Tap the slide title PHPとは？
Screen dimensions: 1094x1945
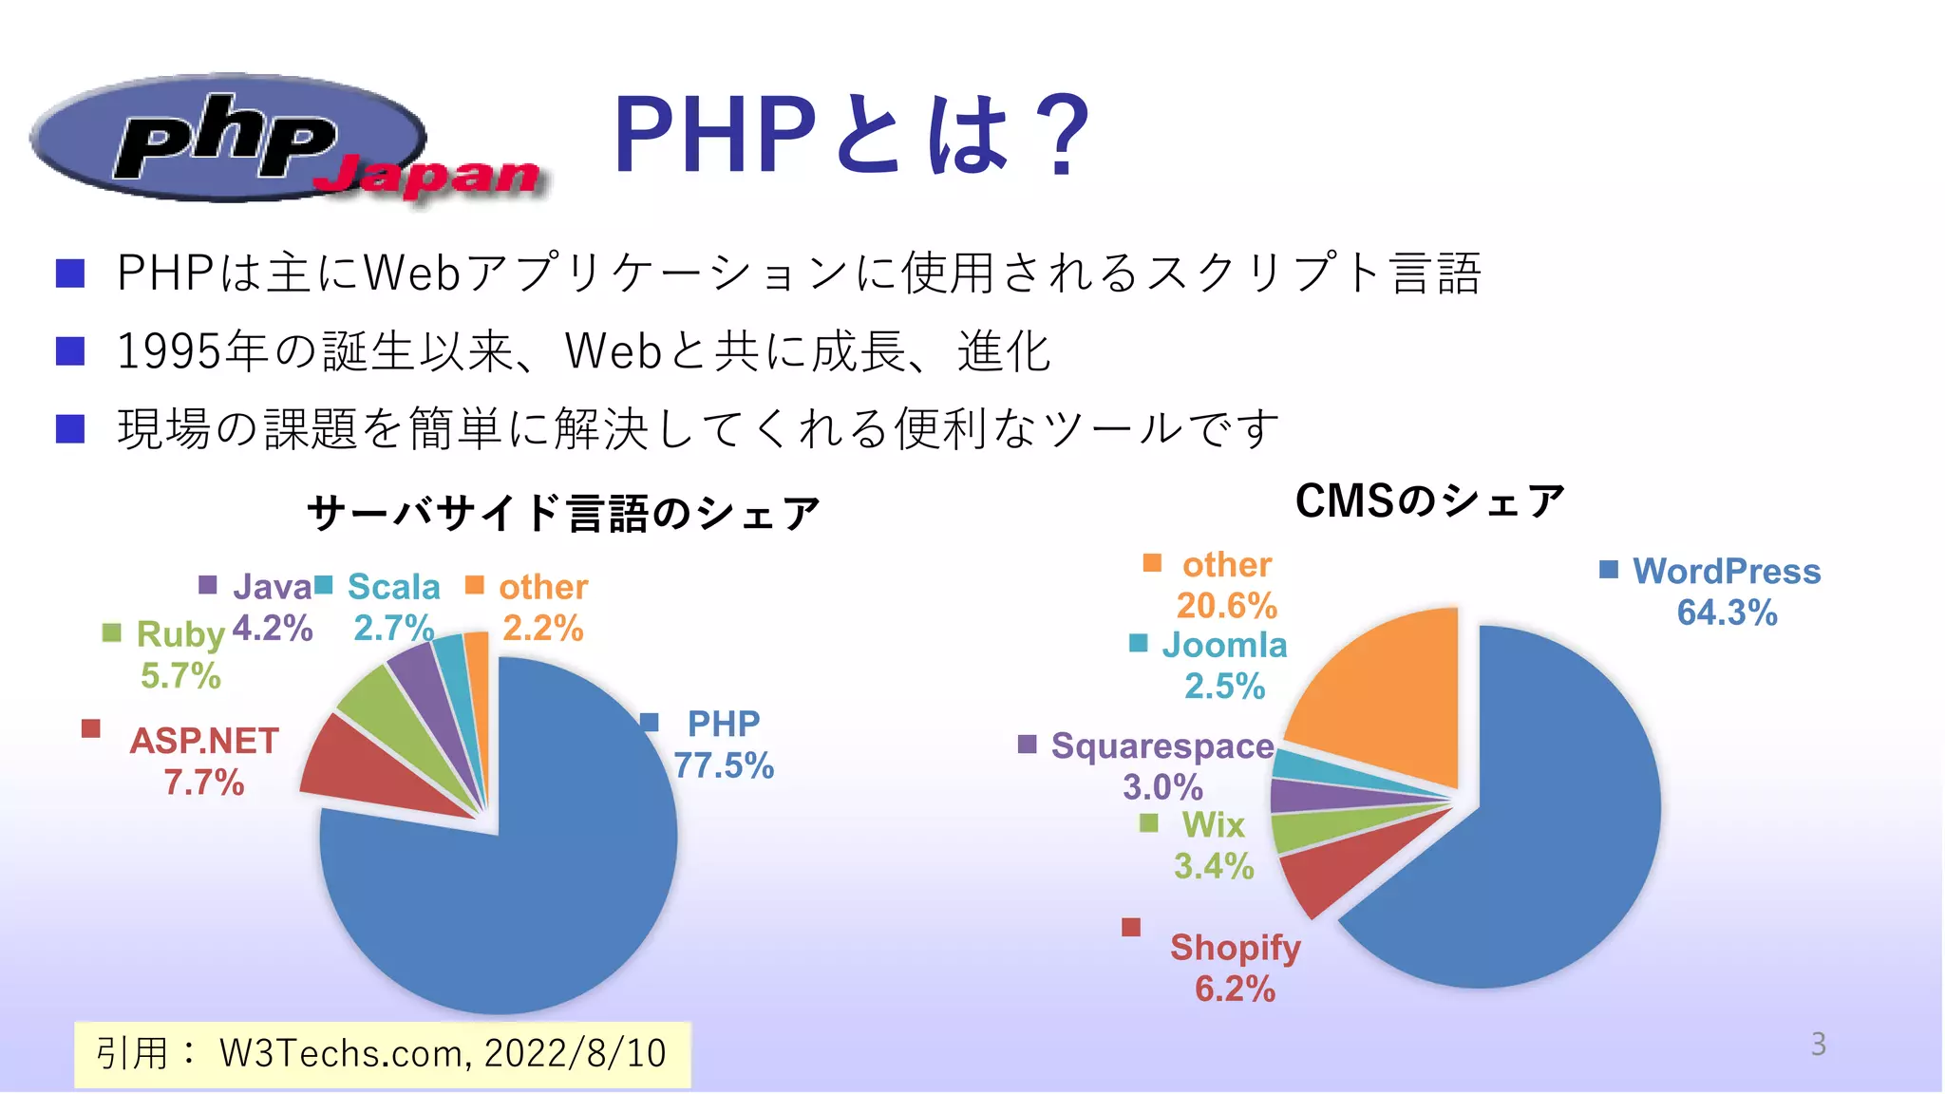click(x=851, y=135)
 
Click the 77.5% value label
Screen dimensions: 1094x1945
click(x=724, y=765)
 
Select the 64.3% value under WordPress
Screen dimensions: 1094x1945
click(x=1727, y=613)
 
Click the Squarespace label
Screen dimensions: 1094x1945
click(x=1161, y=746)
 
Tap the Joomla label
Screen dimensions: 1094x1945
click(x=1224, y=645)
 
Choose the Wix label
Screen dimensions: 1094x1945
click(x=1213, y=824)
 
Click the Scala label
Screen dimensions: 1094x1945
click(x=393, y=587)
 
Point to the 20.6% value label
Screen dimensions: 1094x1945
click(x=1226, y=605)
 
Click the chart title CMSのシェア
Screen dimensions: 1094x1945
click(x=1429, y=500)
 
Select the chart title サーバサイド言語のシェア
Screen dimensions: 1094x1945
click(x=563, y=513)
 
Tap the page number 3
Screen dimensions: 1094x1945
click(x=1818, y=1045)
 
